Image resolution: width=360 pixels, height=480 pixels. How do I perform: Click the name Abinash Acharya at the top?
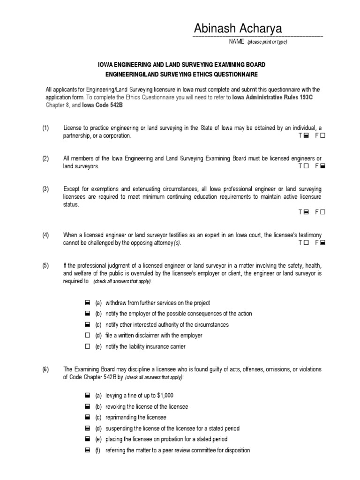pyautogui.click(x=238, y=29)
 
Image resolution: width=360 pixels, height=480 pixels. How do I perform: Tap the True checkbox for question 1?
pyautogui.click(x=306, y=136)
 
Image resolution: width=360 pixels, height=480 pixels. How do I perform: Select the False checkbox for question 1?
pyautogui.click(x=323, y=136)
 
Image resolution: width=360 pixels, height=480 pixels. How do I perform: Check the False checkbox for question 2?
pyautogui.click(x=323, y=166)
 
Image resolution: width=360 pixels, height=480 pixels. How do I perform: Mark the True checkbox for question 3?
pyautogui.click(x=306, y=212)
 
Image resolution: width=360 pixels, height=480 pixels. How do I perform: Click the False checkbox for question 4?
pyautogui.click(x=323, y=243)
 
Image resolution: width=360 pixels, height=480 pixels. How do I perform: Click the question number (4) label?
pyautogui.click(x=45, y=235)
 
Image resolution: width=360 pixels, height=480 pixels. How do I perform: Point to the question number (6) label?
pyautogui.click(x=45, y=369)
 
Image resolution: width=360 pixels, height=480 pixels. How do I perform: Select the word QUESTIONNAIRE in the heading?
pyautogui.click(x=232, y=75)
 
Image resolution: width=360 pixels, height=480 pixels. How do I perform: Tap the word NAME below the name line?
pyautogui.click(x=236, y=42)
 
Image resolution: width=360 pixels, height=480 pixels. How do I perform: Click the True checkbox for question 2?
pyautogui.click(x=306, y=166)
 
